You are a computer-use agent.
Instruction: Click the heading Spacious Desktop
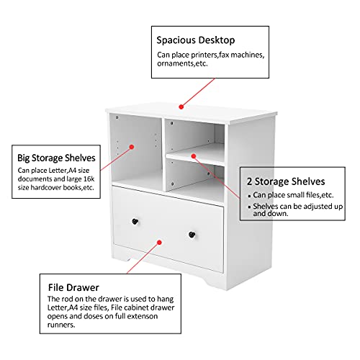pyautogui.click(x=196, y=40)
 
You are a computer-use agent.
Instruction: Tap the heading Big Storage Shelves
pyautogui.click(x=56, y=158)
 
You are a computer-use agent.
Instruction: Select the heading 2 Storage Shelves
pyautogui.click(x=286, y=181)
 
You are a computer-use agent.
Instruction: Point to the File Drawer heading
pyautogui.click(x=73, y=287)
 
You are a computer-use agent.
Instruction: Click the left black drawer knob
pyautogui.click(x=135, y=222)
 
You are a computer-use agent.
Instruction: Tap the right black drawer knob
pyautogui.click(x=192, y=235)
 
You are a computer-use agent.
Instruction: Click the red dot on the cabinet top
pyautogui.click(x=181, y=107)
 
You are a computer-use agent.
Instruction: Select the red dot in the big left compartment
pyautogui.click(x=132, y=147)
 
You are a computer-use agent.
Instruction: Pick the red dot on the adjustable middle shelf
pyautogui.click(x=194, y=156)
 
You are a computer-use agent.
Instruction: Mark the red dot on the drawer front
pyautogui.click(x=159, y=243)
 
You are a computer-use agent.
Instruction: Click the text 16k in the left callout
pyautogui.click(x=89, y=179)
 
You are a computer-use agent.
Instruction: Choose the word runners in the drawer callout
pyautogui.click(x=61, y=325)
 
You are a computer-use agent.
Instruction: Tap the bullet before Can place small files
pyautogui.click(x=249, y=196)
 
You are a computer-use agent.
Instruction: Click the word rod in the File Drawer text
pyautogui.click(x=67, y=299)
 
